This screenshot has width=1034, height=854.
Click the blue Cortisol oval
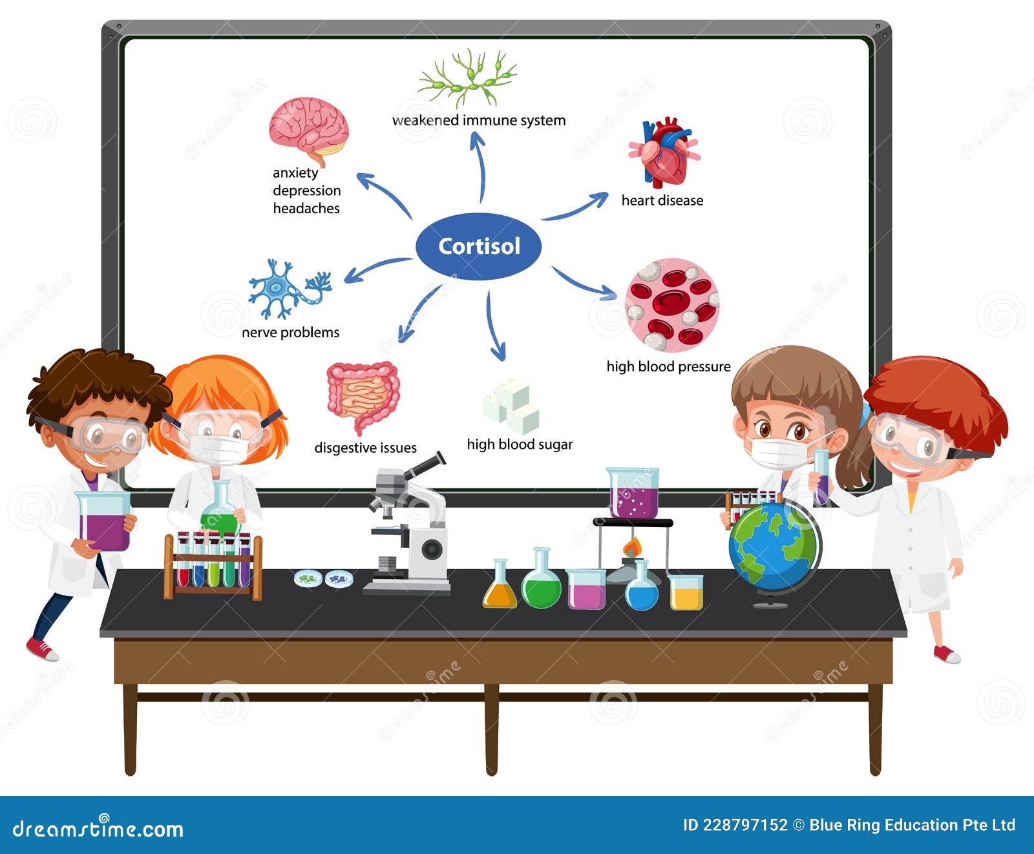478,246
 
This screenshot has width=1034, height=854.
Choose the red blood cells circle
671,305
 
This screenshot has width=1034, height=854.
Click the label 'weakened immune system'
479,120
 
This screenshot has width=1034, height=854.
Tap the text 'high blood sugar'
520,444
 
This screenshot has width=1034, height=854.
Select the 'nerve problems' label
290,333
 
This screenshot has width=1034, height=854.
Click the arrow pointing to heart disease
575,206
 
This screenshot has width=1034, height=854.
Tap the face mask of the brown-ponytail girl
779,453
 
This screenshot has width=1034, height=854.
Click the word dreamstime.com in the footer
98,828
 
